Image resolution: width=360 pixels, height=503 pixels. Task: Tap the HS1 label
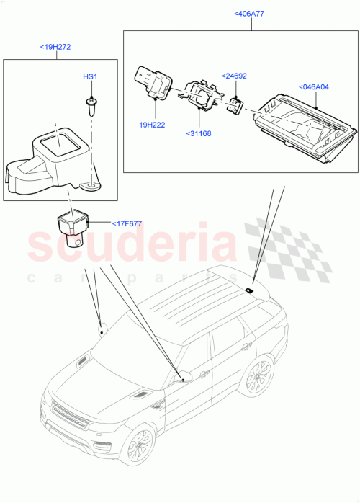coord(89,76)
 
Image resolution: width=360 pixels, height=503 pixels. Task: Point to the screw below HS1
coord(91,106)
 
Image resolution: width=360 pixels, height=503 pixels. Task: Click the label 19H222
coord(153,125)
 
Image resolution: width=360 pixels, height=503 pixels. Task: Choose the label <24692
coord(235,75)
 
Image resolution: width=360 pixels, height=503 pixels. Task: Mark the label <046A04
coord(313,87)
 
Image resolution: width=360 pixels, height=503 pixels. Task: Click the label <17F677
coord(127,223)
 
